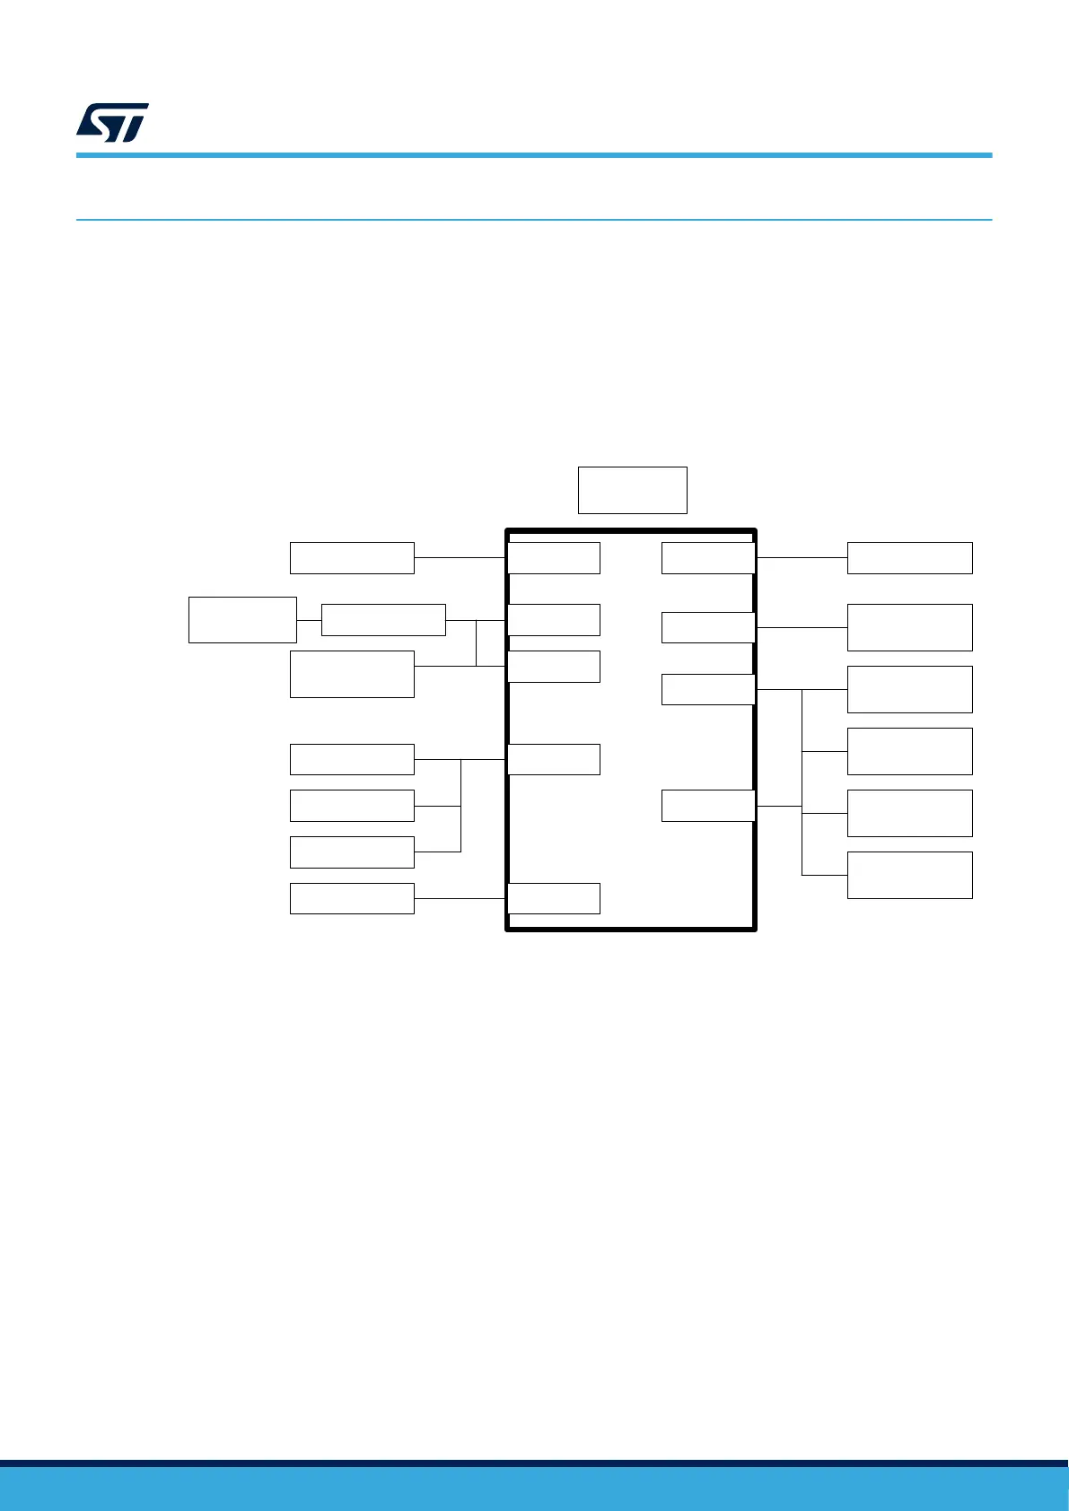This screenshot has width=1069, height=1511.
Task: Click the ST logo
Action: [x=112, y=123]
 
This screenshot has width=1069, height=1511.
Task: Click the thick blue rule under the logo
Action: [x=534, y=155]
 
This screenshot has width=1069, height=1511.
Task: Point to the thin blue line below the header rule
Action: [x=534, y=219]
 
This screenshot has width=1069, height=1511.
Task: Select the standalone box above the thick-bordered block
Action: [x=632, y=490]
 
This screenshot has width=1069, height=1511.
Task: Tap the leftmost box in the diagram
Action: [x=242, y=619]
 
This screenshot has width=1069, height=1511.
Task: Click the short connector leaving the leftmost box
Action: [x=309, y=620]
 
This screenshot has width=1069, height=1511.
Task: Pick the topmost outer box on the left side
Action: [x=352, y=557]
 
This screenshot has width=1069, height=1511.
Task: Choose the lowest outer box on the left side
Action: [x=352, y=898]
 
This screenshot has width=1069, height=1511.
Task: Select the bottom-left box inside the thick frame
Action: [x=554, y=898]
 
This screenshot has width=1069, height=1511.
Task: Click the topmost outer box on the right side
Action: [x=909, y=557]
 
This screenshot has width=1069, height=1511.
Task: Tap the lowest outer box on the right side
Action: [x=909, y=875]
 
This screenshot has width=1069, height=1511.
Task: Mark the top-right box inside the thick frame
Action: [x=707, y=557]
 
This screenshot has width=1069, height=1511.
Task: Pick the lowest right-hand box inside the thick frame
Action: [x=707, y=806]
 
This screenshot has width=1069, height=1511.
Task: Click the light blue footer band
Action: [x=534, y=1489]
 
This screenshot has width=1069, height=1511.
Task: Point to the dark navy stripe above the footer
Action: [x=534, y=1463]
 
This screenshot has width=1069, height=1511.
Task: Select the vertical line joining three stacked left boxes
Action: [x=460, y=806]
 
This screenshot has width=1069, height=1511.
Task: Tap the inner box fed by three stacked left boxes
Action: [x=554, y=759]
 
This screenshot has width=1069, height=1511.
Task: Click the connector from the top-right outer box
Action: [x=802, y=557]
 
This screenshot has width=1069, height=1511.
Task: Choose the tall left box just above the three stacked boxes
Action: [x=352, y=674]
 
